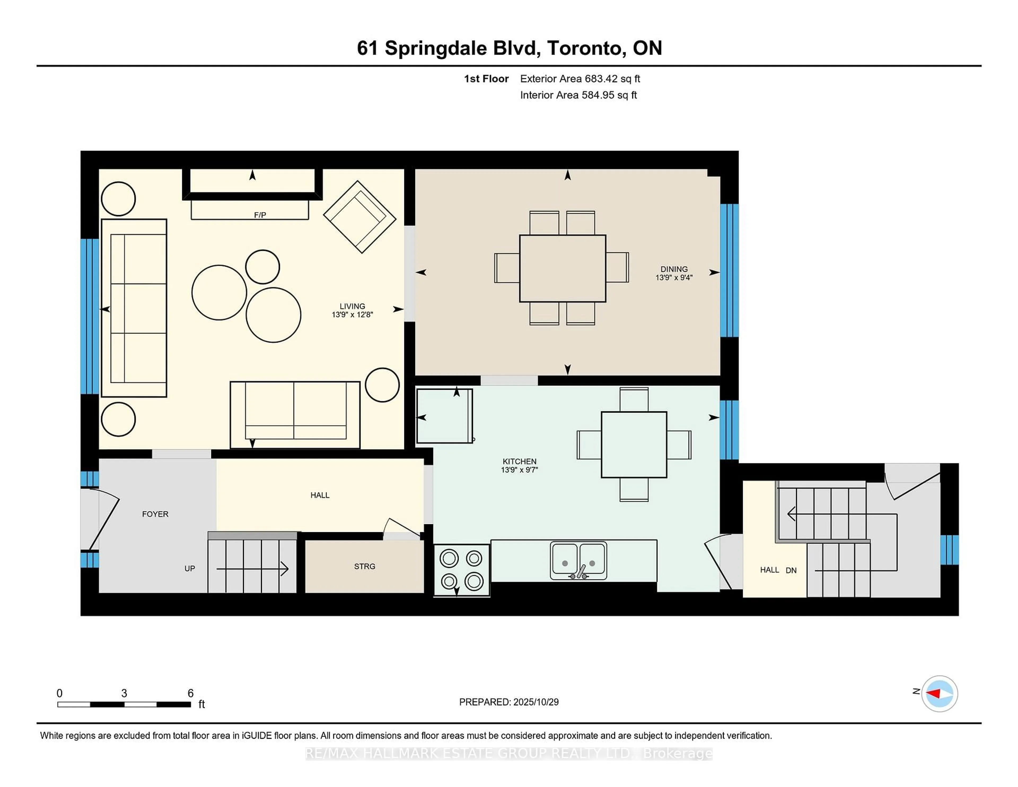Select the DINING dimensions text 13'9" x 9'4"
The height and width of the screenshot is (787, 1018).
[x=674, y=277]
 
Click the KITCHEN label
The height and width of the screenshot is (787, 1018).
[x=519, y=461]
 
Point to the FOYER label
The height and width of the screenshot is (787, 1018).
[x=155, y=514]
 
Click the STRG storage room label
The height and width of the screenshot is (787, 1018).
[x=365, y=566]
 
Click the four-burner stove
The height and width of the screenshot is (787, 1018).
[x=462, y=570]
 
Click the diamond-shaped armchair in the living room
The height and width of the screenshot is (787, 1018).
[x=359, y=217]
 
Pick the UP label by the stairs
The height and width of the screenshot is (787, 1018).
[x=190, y=568]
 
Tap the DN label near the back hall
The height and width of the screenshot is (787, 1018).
[x=791, y=570]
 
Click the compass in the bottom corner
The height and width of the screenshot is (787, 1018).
[x=939, y=693]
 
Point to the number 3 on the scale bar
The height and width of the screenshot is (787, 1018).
[x=124, y=693]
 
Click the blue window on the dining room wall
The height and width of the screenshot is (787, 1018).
[x=729, y=270]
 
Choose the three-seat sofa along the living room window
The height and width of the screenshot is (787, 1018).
[x=134, y=308]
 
